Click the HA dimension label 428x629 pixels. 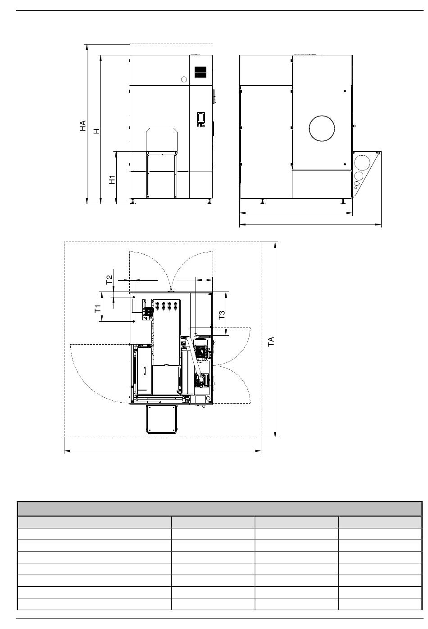(x=82, y=126)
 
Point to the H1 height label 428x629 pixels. (x=112, y=180)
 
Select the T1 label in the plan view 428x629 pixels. (x=98, y=309)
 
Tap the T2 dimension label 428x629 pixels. (x=109, y=279)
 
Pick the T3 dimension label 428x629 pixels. (x=222, y=315)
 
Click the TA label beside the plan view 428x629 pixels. (x=271, y=341)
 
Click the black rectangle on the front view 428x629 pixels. (x=200, y=72)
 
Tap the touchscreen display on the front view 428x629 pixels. (x=200, y=118)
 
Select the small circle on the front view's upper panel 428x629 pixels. (x=184, y=80)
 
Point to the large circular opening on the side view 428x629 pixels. (x=322, y=128)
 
